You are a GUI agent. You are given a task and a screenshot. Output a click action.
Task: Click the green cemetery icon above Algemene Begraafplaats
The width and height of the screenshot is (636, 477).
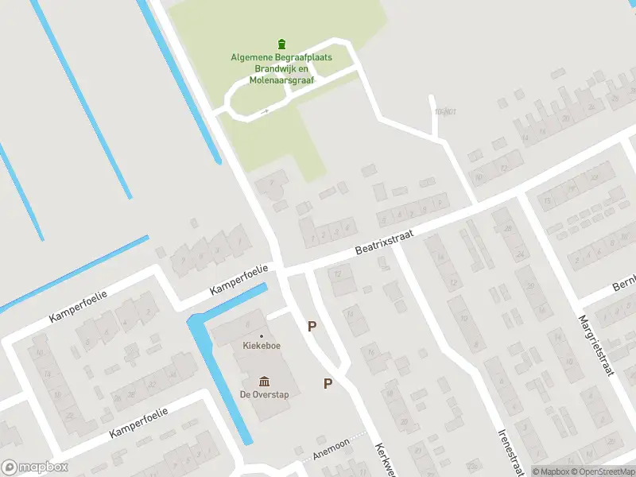pyautogui.click(x=281, y=44)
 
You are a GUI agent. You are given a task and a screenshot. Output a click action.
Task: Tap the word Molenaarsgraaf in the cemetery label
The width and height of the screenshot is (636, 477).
pyautogui.click(x=282, y=80)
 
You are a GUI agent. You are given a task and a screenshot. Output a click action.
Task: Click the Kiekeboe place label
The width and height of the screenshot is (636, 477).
pyautogui.click(x=262, y=346)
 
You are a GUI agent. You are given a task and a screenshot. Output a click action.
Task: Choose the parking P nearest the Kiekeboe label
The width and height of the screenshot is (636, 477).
pyautogui.click(x=312, y=326)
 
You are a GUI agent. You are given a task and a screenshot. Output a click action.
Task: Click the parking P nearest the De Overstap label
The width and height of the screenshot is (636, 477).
pyautogui.click(x=328, y=383)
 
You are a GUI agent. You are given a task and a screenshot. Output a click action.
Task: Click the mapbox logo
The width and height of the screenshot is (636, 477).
pyautogui.click(x=35, y=467)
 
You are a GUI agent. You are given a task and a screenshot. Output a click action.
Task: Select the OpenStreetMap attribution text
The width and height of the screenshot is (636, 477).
pyautogui.click(x=603, y=471)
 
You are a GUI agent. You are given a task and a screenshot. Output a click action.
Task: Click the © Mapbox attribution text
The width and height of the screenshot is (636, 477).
pyautogui.click(x=553, y=471)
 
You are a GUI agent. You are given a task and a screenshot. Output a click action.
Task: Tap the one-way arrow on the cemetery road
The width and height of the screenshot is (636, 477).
pyautogui.click(x=265, y=111)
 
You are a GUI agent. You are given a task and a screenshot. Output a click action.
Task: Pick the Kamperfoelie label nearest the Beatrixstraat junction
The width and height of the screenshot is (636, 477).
pyautogui.click(x=238, y=281)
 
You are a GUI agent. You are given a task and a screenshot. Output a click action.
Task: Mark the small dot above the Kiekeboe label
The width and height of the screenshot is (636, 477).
pyautogui.click(x=262, y=335)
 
